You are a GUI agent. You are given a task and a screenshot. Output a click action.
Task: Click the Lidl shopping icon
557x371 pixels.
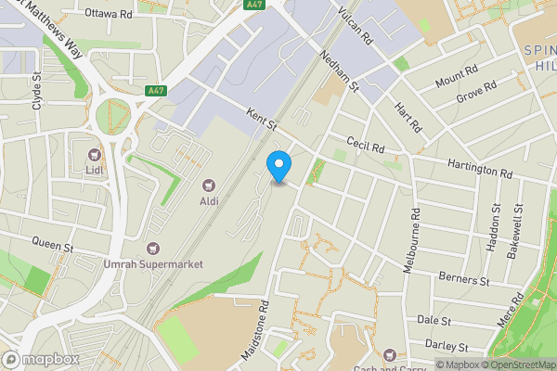[93, 154]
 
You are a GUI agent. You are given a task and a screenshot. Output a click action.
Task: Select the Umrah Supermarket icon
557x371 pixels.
[153, 249]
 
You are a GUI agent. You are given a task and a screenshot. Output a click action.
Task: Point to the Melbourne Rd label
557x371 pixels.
[416, 239]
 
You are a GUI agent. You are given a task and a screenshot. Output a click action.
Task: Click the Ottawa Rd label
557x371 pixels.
[109, 15]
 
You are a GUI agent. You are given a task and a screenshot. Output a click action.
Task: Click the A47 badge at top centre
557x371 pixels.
[253, 5]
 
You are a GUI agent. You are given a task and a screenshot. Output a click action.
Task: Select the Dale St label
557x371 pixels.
[434, 320]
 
